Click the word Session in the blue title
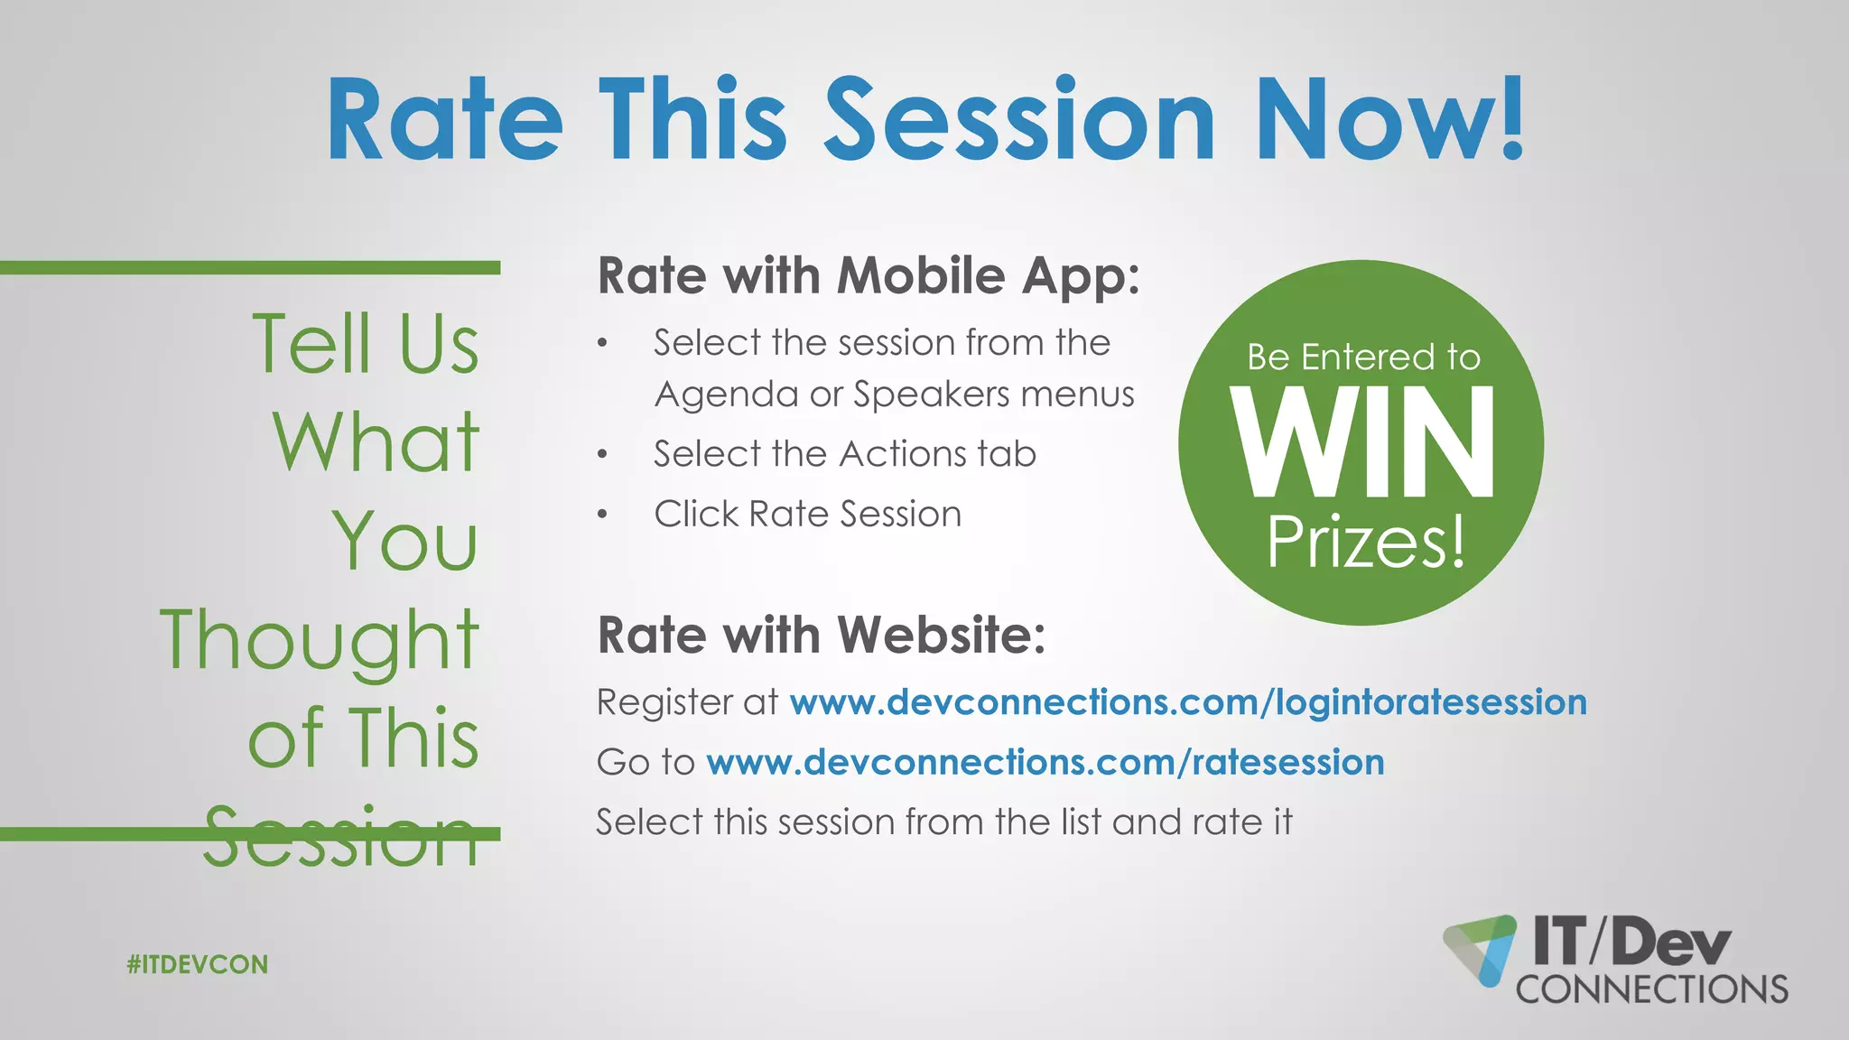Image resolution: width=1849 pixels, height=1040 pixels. coord(1020,120)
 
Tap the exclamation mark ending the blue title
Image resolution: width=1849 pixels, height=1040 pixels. coord(1513,117)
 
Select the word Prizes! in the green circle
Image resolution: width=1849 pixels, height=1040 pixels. coord(1364,542)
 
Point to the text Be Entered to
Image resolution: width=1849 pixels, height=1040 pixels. coord(1363,357)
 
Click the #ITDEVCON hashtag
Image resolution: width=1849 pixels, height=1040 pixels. coord(198,964)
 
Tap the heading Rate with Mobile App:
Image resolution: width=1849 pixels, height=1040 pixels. coord(869,275)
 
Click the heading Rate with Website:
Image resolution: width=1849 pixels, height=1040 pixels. coord(822,635)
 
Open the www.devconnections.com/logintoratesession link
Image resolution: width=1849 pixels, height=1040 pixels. coord(1187,702)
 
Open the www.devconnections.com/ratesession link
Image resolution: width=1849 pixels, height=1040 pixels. coord(1045,762)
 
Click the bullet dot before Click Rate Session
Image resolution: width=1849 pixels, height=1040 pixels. coord(602,515)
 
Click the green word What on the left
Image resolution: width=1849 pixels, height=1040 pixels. coord(376,442)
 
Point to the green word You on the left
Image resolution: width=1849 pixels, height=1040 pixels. coord(404,542)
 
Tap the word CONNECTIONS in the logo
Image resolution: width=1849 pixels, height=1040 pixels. coord(1651,989)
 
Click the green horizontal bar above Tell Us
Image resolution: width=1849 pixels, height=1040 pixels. coord(250,267)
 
